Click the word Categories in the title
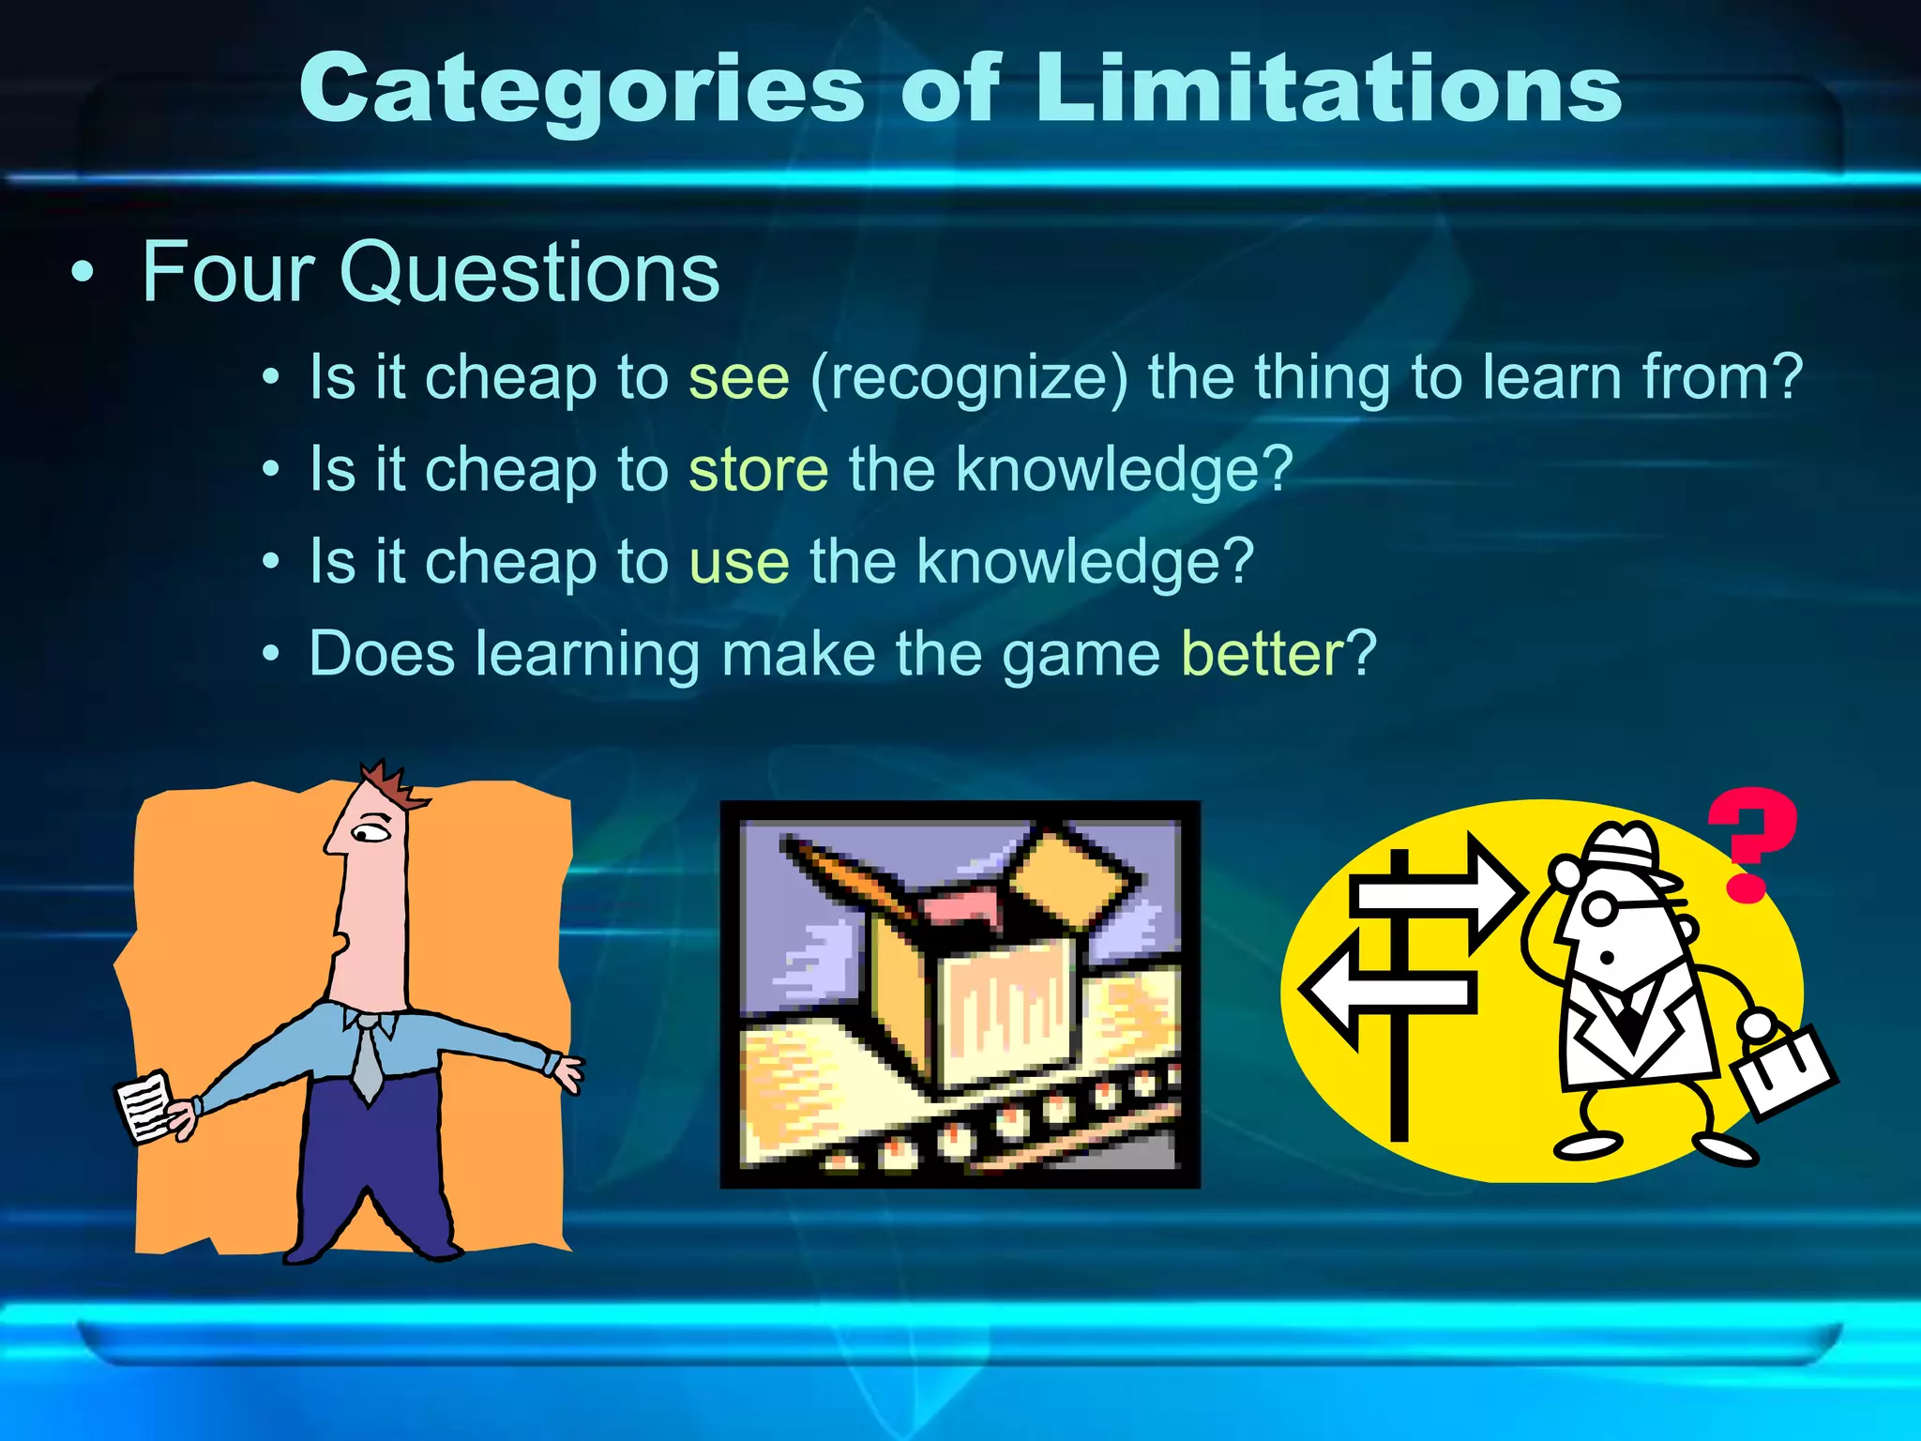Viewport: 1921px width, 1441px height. (x=582, y=89)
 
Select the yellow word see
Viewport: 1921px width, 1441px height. (x=739, y=378)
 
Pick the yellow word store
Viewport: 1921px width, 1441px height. (x=758, y=469)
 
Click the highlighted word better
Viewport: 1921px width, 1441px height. (x=1263, y=653)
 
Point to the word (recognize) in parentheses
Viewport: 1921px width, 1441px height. (x=968, y=378)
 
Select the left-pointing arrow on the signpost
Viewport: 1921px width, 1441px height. (x=1388, y=990)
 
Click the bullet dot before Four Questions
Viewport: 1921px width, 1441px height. (x=83, y=273)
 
